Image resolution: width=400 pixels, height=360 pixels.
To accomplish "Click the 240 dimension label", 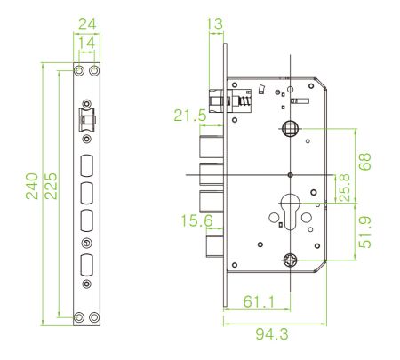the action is click(x=32, y=186).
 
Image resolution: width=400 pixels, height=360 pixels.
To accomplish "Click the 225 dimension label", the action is click(x=51, y=186).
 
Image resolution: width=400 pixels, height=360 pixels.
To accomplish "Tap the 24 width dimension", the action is click(x=87, y=24).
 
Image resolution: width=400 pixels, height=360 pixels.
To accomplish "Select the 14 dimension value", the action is click(x=87, y=43).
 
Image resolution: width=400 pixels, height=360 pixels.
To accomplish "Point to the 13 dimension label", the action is click(x=214, y=24).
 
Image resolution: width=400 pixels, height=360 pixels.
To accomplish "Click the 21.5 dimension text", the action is click(x=190, y=116).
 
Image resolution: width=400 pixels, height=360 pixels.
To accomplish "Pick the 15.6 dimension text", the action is click(x=196, y=220).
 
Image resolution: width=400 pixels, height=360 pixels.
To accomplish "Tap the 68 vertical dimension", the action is click(x=364, y=162).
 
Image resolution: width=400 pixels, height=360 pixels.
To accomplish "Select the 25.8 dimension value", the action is click(x=344, y=188).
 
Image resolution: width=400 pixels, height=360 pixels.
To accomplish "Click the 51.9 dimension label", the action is click(x=364, y=232).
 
